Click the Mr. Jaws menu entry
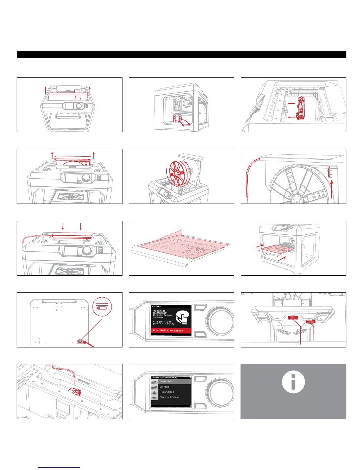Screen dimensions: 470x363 click(x=165, y=387)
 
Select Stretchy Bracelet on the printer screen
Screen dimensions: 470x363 click(x=169, y=397)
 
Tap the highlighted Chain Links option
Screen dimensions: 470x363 click(x=166, y=382)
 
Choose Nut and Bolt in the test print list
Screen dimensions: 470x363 click(x=167, y=392)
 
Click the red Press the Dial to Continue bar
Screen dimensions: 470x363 click(x=171, y=331)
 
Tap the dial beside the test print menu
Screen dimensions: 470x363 click(x=220, y=391)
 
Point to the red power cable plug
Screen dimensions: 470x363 click(x=86, y=342)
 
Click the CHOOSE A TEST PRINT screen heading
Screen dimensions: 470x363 click(x=164, y=377)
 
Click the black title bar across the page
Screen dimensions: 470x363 click(x=181, y=55)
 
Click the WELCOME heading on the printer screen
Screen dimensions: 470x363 click(x=156, y=306)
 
